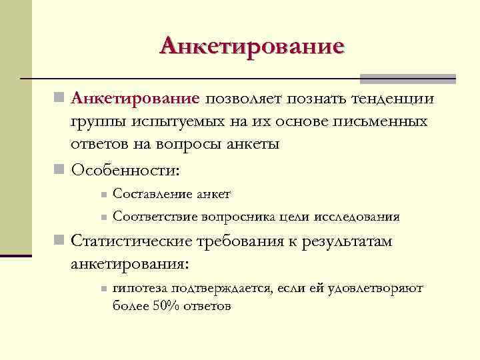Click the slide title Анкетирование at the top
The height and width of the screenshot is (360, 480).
252,46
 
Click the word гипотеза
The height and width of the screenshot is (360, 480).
140,288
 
